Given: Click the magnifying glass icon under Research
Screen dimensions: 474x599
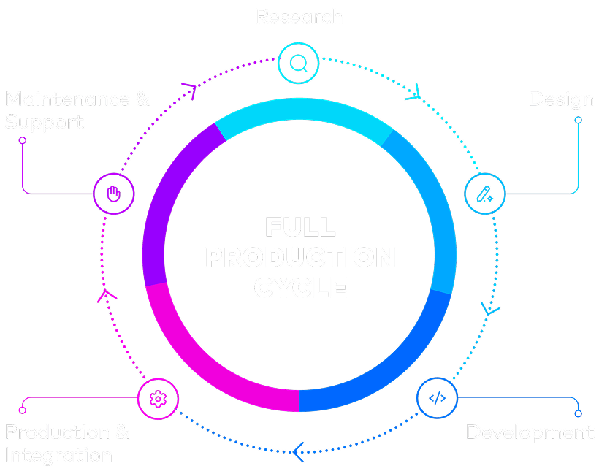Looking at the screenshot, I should pyautogui.click(x=298, y=64).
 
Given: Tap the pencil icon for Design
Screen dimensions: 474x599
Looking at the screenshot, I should pyautogui.click(x=485, y=194).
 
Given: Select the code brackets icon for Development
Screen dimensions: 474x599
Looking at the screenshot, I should pyautogui.click(x=436, y=398).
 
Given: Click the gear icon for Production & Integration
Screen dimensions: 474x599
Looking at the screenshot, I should pyautogui.click(x=157, y=398).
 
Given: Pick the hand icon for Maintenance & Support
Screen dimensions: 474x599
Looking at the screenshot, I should pyautogui.click(x=114, y=194).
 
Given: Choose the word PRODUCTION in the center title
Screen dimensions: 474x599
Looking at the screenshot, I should pyautogui.click(x=299, y=257).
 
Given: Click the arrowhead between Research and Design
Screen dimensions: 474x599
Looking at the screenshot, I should pyautogui.click(x=414, y=93).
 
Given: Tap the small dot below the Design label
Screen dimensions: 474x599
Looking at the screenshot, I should pyautogui.click(x=578, y=120).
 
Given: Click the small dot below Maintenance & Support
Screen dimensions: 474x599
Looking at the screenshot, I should pyautogui.click(x=22, y=140).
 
